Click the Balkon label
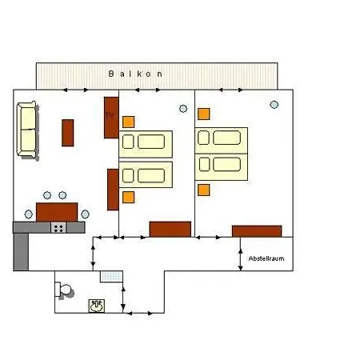pos(135,74)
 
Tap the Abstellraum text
pos(266,258)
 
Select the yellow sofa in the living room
pos(27,130)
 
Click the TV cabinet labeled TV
pos(111,118)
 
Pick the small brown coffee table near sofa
pos(68,133)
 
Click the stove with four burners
pos(58,228)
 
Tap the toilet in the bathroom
pos(64,290)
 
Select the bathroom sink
pos(97,306)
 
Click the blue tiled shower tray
pos(111,277)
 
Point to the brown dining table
pos(57,212)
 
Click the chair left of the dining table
pos(29,214)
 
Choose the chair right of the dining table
pos(85,214)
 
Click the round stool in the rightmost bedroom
pos(274,105)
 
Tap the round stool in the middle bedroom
pos(183,109)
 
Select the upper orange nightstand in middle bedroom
pos(129,122)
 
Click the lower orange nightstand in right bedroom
pos(204,190)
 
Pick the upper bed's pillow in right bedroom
pos(203,138)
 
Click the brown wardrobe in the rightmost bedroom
pos(257,231)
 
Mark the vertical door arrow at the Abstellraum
pos(241,259)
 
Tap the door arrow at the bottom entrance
pos(139,314)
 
